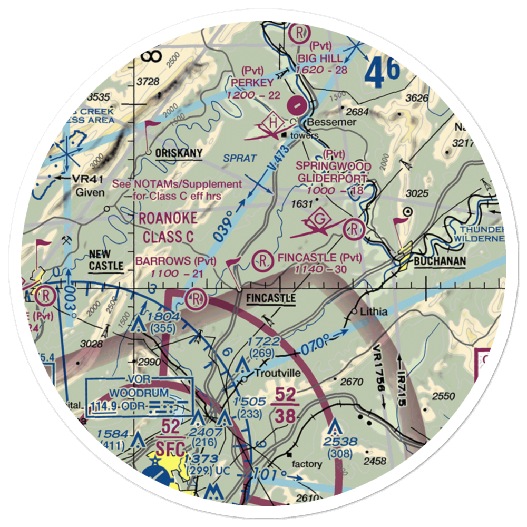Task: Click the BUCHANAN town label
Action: (x=440, y=261)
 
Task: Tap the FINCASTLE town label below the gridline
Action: (x=270, y=299)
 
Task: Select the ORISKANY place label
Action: (x=179, y=153)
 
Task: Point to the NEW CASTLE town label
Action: (x=105, y=260)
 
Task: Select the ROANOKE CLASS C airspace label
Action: (x=168, y=228)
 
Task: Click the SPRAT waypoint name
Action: (x=239, y=158)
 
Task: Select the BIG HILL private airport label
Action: (x=327, y=58)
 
